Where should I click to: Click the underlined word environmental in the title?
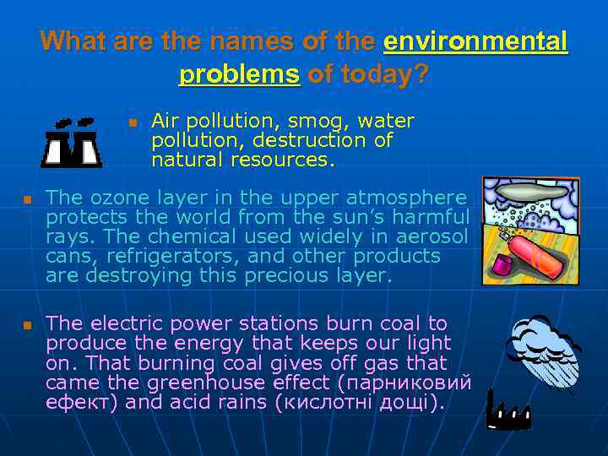pyautogui.click(x=475, y=41)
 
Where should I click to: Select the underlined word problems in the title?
pyautogui.click(x=240, y=74)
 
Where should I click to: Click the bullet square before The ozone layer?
pyautogui.click(x=26, y=199)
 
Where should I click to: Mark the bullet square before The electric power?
pyautogui.click(x=26, y=325)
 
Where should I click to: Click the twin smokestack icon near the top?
pyautogui.click(x=73, y=142)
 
